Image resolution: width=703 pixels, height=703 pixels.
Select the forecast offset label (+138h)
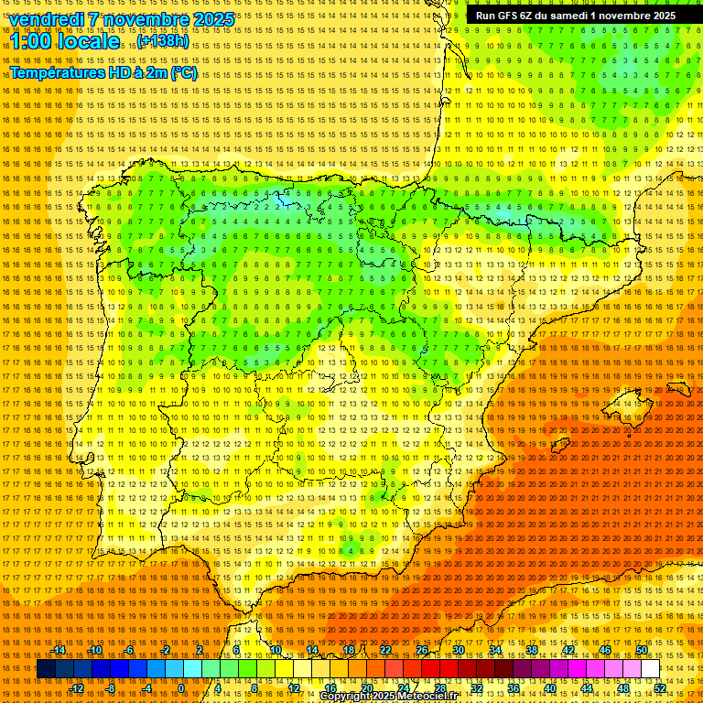[x=164, y=41]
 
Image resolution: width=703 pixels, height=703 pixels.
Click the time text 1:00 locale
[x=64, y=41]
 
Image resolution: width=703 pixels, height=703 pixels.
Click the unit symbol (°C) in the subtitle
[x=184, y=72]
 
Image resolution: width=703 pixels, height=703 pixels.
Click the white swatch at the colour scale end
[x=651, y=669]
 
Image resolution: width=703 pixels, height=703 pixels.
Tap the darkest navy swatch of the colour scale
[x=46, y=669]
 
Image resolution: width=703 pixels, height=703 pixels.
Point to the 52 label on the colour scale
[x=660, y=688]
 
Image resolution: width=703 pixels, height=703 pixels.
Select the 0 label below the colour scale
[x=182, y=688]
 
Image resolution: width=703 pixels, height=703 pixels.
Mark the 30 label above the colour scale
[x=458, y=650]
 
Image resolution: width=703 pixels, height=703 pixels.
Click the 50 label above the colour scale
[x=642, y=650]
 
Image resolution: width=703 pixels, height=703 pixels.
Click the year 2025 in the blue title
[x=207, y=19]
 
